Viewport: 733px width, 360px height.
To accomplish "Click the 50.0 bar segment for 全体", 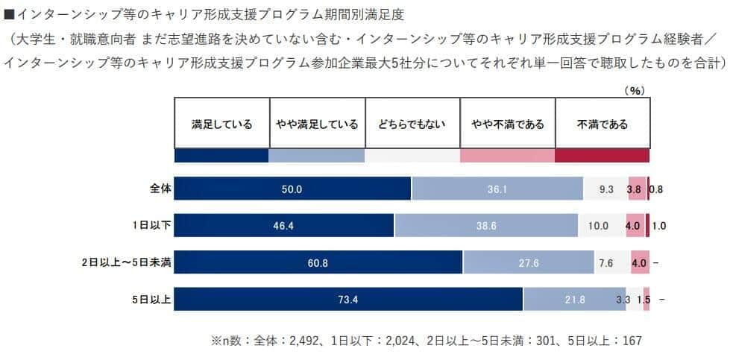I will [x=292, y=189].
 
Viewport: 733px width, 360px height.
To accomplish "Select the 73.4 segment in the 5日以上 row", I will [x=348, y=299].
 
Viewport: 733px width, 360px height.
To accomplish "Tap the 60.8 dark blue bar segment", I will [x=318, y=262].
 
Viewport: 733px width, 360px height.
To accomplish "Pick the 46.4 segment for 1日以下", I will [x=284, y=226].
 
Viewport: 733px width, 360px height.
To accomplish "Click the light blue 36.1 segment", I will [x=497, y=189].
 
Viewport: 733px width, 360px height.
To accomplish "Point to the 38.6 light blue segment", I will [x=486, y=226].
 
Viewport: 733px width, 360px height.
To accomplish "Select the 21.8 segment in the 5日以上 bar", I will [x=575, y=299].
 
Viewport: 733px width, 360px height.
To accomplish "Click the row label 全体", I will [x=160, y=189].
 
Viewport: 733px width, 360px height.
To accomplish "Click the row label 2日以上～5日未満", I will [x=126, y=262].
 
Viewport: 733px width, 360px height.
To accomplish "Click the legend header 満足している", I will [x=221, y=124].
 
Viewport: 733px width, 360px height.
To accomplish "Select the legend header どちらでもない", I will [x=412, y=124].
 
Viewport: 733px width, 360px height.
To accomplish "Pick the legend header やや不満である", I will [x=508, y=124].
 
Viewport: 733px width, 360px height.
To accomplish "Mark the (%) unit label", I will [x=634, y=90].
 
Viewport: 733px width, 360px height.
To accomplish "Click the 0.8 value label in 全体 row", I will [x=656, y=189].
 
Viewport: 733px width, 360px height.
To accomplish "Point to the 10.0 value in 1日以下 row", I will [x=599, y=226].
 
